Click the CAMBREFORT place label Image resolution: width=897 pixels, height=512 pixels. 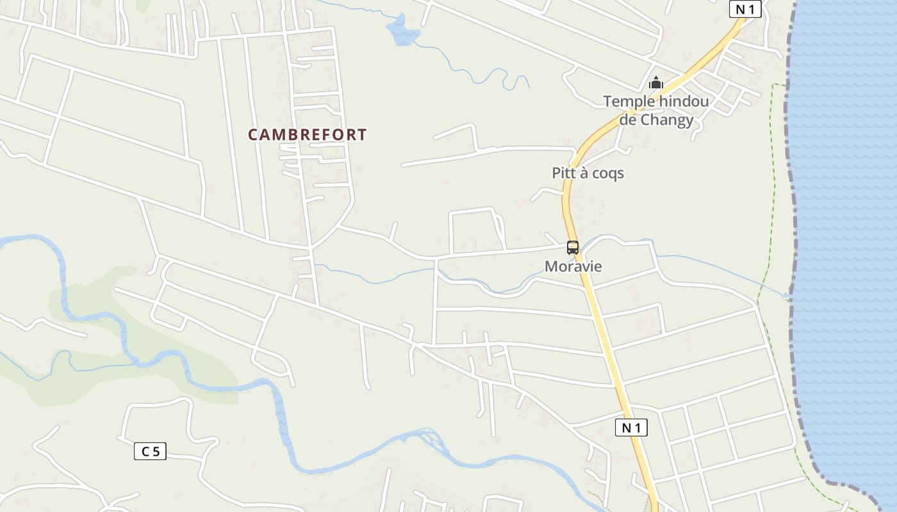[308, 135]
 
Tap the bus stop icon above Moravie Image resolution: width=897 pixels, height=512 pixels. [573, 247]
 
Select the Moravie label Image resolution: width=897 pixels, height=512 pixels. [573, 266]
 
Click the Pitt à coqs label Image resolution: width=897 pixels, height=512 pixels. [588, 173]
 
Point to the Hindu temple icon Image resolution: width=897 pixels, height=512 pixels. [656, 83]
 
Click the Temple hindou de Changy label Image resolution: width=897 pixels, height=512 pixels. [656, 111]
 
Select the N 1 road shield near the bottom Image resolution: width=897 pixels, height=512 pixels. [631, 428]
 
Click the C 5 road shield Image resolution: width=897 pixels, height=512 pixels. [151, 451]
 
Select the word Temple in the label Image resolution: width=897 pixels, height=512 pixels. [629, 101]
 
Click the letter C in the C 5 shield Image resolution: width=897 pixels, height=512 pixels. [145, 451]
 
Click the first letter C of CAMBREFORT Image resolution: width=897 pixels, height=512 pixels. [253, 135]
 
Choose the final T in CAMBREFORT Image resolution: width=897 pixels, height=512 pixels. [363, 135]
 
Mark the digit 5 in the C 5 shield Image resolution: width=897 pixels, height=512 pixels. [156, 451]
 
